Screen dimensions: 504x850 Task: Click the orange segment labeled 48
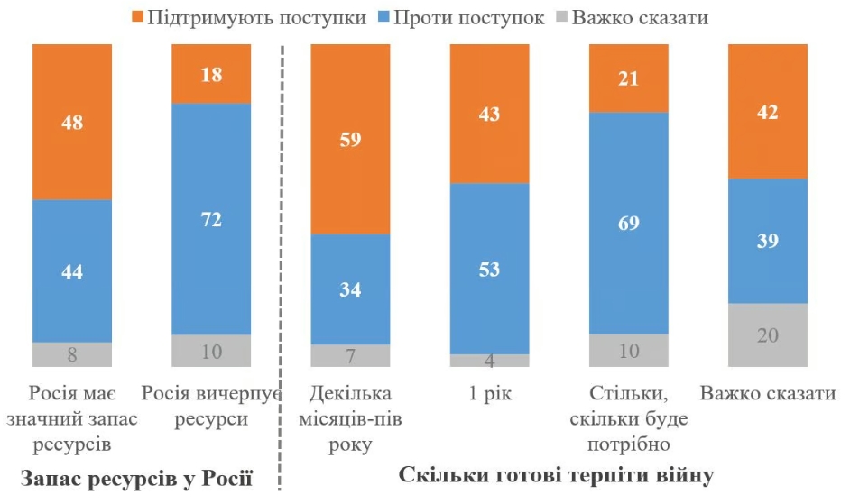[x=72, y=122]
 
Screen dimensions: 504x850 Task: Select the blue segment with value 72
[x=211, y=219]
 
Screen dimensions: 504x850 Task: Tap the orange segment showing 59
[x=350, y=139]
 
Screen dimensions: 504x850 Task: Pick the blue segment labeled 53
[x=489, y=269]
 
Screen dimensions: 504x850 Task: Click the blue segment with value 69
[x=628, y=223]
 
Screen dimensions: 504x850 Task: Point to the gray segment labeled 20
[x=767, y=334]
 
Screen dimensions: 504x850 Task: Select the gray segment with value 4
[x=489, y=361]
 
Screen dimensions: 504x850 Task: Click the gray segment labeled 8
[x=72, y=354]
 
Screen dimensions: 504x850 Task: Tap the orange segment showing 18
[x=211, y=74]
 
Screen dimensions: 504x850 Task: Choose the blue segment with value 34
[x=350, y=289]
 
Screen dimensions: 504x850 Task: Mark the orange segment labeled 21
[x=628, y=78]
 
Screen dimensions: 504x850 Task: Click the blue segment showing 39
[x=767, y=241]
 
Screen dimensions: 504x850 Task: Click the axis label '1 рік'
[x=489, y=395]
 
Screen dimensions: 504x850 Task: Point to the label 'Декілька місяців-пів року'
[x=350, y=419]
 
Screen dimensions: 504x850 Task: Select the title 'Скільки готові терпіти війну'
[x=556, y=476]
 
